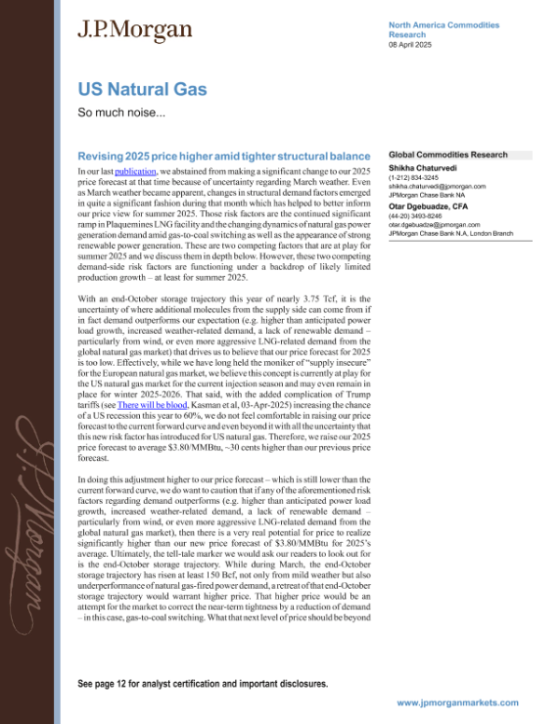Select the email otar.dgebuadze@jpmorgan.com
coord(436,230)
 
